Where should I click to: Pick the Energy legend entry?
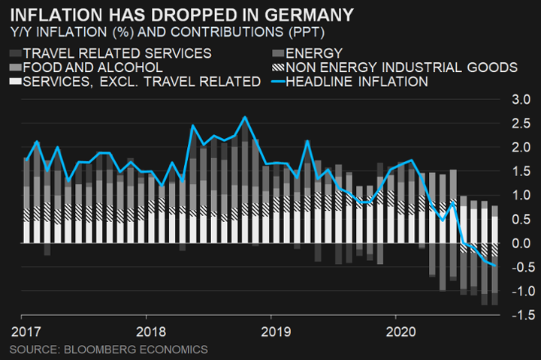pyautogui.click(x=309, y=53)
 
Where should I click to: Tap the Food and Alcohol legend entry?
pyautogui.click(x=93, y=67)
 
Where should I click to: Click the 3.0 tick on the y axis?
pyautogui.click(x=520, y=100)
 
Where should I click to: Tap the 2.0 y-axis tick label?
pyautogui.click(x=520, y=148)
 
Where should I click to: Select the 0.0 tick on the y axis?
pyautogui.click(x=520, y=243)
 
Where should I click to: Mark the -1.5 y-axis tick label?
pyautogui.click(x=518, y=315)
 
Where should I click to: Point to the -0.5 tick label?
pyautogui.click(x=518, y=267)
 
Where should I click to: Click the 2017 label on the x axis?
pyautogui.click(x=26, y=331)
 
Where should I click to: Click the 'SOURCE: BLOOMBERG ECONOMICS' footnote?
pyautogui.click(x=109, y=349)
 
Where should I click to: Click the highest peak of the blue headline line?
pyautogui.click(x=244, y=117)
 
